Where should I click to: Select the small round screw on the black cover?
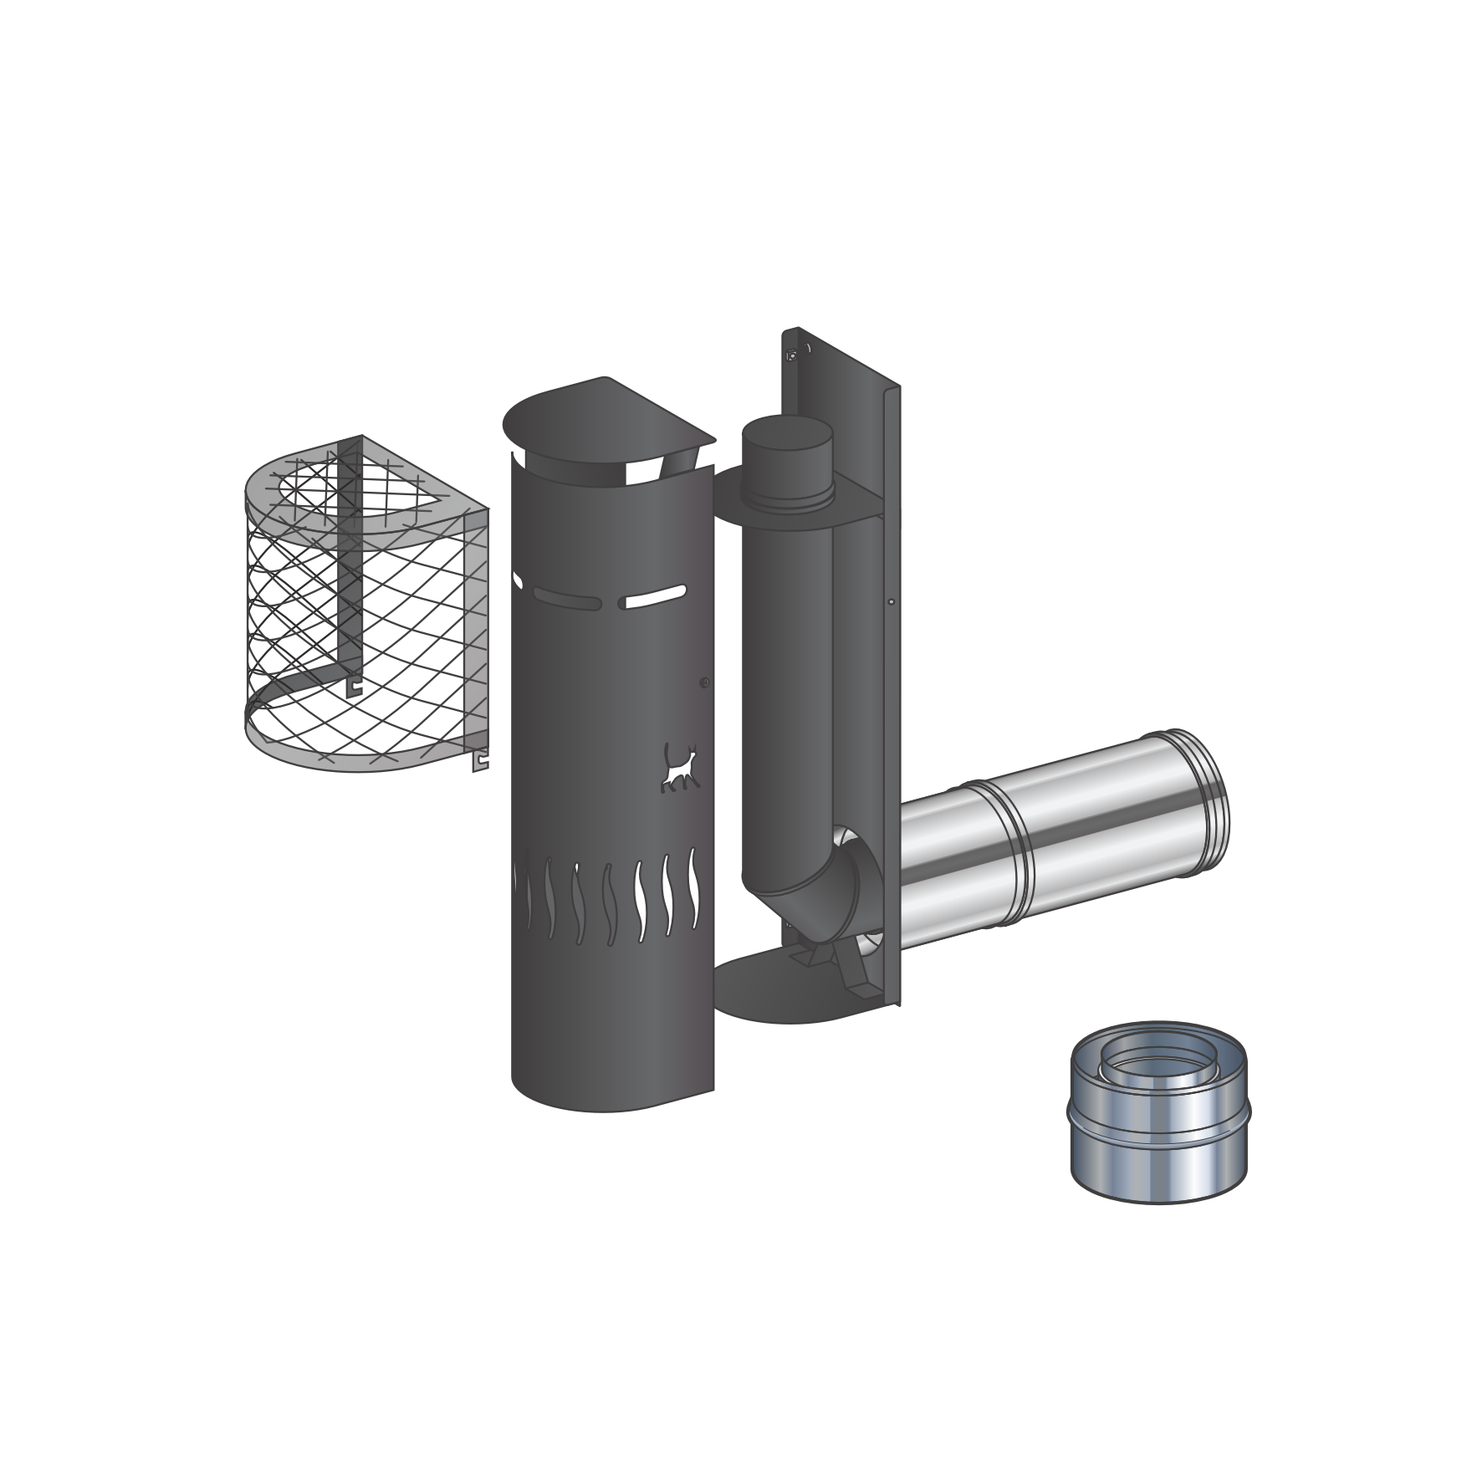(704, 683)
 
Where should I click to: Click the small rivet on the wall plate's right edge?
(892, 602)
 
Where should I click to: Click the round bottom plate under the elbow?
(778, 991)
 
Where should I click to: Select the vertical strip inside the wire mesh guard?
(352, 569)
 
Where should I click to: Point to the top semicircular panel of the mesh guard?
(368, 493)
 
